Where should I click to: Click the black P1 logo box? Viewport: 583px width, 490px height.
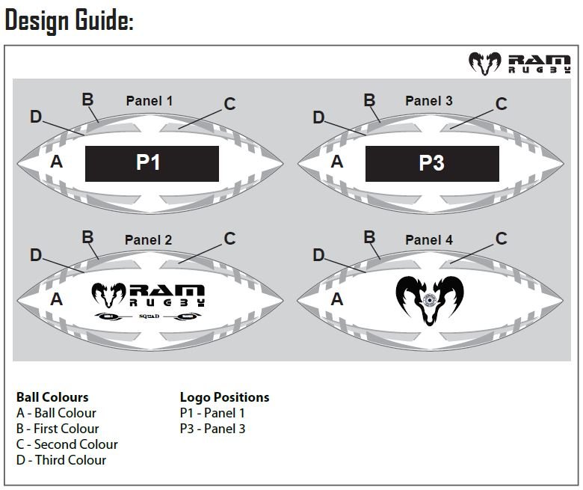pos(152,163)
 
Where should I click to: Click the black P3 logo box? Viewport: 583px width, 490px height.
pos(432,163)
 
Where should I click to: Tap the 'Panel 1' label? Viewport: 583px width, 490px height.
pos(149,100)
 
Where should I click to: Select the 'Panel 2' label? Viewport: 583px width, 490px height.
pos(148,240)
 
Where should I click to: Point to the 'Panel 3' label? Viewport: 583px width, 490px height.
pos(429,100)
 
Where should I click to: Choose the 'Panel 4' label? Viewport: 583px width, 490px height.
pos(429,240)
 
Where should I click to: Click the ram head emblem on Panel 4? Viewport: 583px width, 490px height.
pos(429,299)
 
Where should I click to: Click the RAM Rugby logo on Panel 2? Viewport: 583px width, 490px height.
pos(148,295)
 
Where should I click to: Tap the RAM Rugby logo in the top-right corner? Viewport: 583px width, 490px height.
pos(520,64)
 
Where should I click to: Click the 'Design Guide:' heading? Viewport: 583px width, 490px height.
pos(69,21)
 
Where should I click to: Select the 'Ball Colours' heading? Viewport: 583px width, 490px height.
pos(52,397)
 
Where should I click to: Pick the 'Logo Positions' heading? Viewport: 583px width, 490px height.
pos(224,397)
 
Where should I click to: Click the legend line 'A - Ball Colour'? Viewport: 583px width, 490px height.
pos(56,413)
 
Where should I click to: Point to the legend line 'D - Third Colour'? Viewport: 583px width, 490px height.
pos(61,460)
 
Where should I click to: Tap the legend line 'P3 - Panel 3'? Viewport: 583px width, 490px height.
pos(212,429)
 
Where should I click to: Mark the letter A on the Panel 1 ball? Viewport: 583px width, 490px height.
pos(56,161)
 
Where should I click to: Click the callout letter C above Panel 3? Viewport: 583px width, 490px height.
pos(502,104)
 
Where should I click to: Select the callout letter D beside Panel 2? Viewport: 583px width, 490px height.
pos(35,255)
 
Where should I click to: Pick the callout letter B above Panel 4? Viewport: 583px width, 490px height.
pos(369,237)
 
